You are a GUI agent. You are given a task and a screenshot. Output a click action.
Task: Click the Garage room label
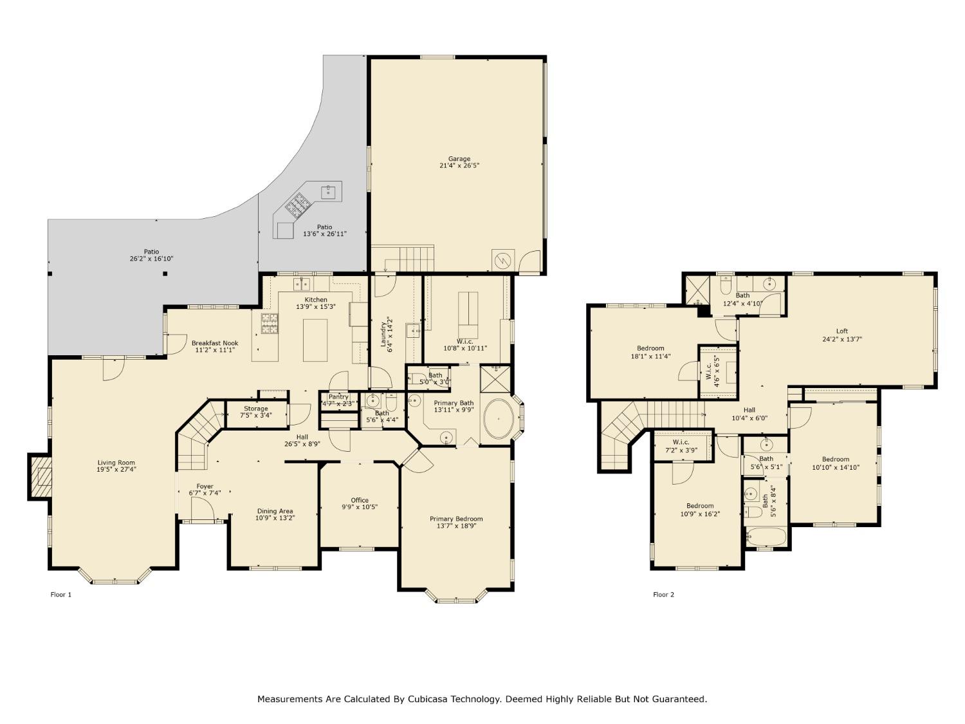point(459,159)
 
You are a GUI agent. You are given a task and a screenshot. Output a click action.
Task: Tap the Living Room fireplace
point(41,476)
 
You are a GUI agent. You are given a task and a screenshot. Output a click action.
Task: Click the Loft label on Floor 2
point(842,331)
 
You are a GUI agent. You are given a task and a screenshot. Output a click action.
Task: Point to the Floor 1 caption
point(61,595)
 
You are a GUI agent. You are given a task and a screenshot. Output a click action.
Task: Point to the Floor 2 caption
point(663,595)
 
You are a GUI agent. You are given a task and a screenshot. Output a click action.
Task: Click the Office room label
point(360,500)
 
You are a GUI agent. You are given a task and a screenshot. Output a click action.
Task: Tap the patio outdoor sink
point(329,190)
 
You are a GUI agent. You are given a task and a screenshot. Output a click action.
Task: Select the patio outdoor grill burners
point(297,205)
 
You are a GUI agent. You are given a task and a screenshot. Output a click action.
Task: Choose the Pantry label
point(338,397)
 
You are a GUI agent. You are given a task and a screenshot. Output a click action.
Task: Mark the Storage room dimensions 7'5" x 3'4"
point(256,416)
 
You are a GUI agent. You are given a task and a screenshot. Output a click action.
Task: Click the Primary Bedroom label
point(456,519)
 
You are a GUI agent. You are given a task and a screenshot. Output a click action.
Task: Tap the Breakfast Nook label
point(215,343)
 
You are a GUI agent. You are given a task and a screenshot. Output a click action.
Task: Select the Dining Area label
point(275,511)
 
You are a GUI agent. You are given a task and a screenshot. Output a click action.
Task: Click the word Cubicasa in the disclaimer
point(427,699)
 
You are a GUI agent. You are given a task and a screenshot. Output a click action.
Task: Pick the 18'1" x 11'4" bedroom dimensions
point(650,356)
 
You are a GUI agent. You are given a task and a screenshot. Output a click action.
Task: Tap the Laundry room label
point(383,335)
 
